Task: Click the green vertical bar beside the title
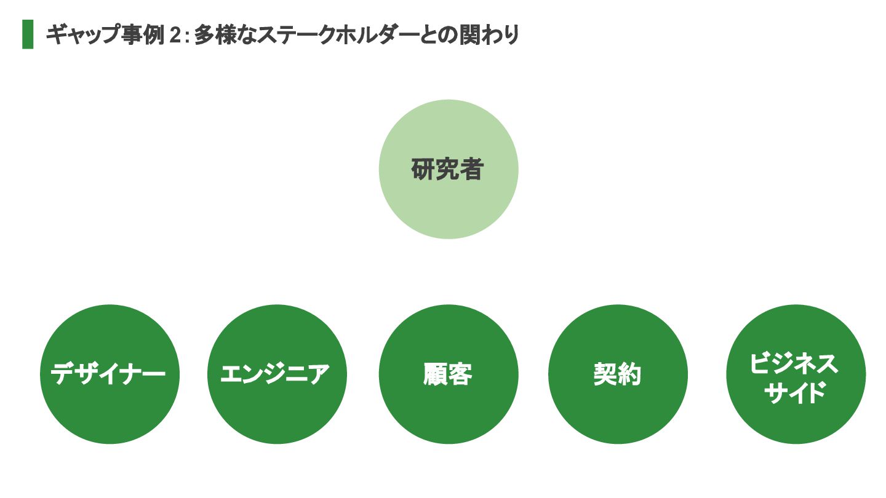tap(28, 34)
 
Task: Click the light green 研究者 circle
tap(449, 203)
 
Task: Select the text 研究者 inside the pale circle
tap(447, 170)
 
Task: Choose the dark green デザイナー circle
tap(110, 406)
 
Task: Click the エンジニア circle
tap(277, 406)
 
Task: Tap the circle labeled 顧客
tap(449, 406)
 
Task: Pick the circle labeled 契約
tap(618, 406)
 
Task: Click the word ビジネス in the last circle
tap(794, 363)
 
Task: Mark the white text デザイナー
tap(109, 374)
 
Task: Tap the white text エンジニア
tap(276, 374)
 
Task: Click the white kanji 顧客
tap(448, 374)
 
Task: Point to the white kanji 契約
tap(618, 374)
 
